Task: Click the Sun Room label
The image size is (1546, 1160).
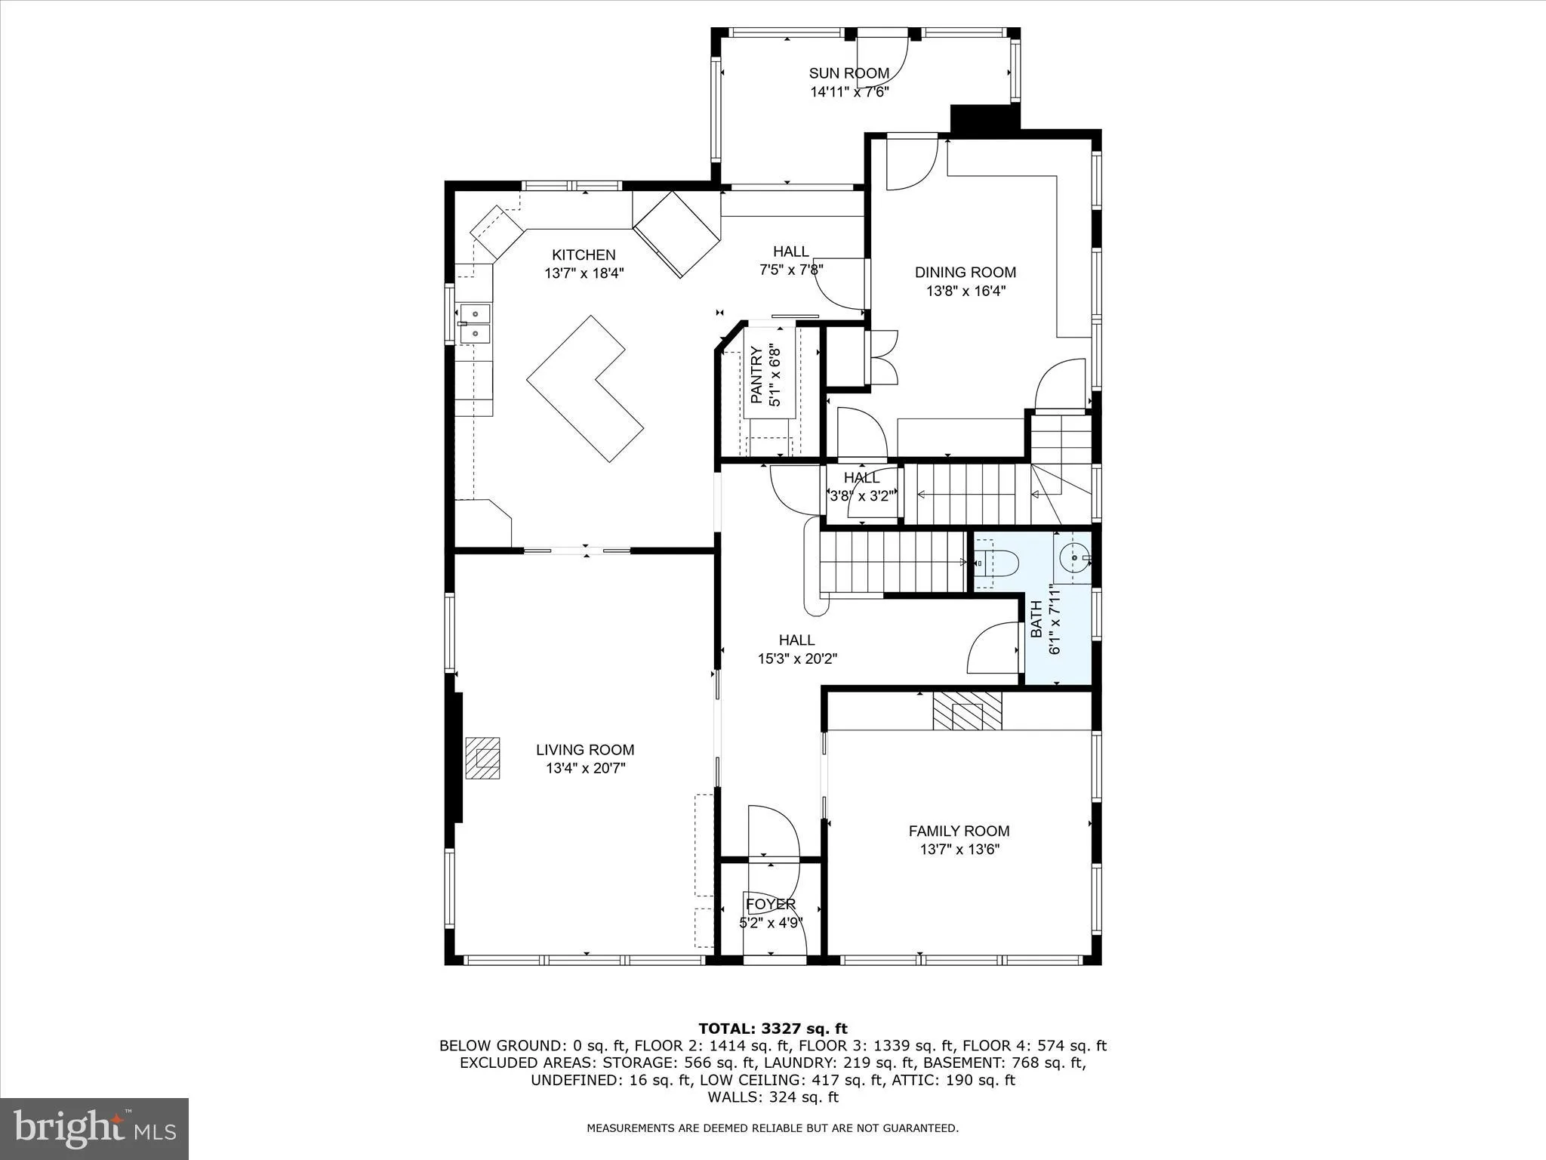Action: [848, 73]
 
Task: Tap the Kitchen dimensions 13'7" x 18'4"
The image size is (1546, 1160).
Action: [584, 273]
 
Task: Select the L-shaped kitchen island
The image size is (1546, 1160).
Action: [585, 388]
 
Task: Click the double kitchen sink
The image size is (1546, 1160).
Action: [475, 323]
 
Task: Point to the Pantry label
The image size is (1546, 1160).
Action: [756, 375]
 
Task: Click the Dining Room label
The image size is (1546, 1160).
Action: [965, 272]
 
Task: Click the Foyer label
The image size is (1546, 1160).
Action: [770, 904]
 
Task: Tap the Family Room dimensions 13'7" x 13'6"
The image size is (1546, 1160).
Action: [959, 850]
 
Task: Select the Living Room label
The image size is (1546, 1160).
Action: [585, 750]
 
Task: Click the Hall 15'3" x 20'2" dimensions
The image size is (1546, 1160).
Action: [797, 659]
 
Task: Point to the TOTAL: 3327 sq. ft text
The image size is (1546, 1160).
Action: [772, 1029]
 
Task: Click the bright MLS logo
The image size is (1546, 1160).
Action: [94, 1128]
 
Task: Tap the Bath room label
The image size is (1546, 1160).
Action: [1036, 619]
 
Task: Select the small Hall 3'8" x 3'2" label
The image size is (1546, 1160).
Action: [861, 478]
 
